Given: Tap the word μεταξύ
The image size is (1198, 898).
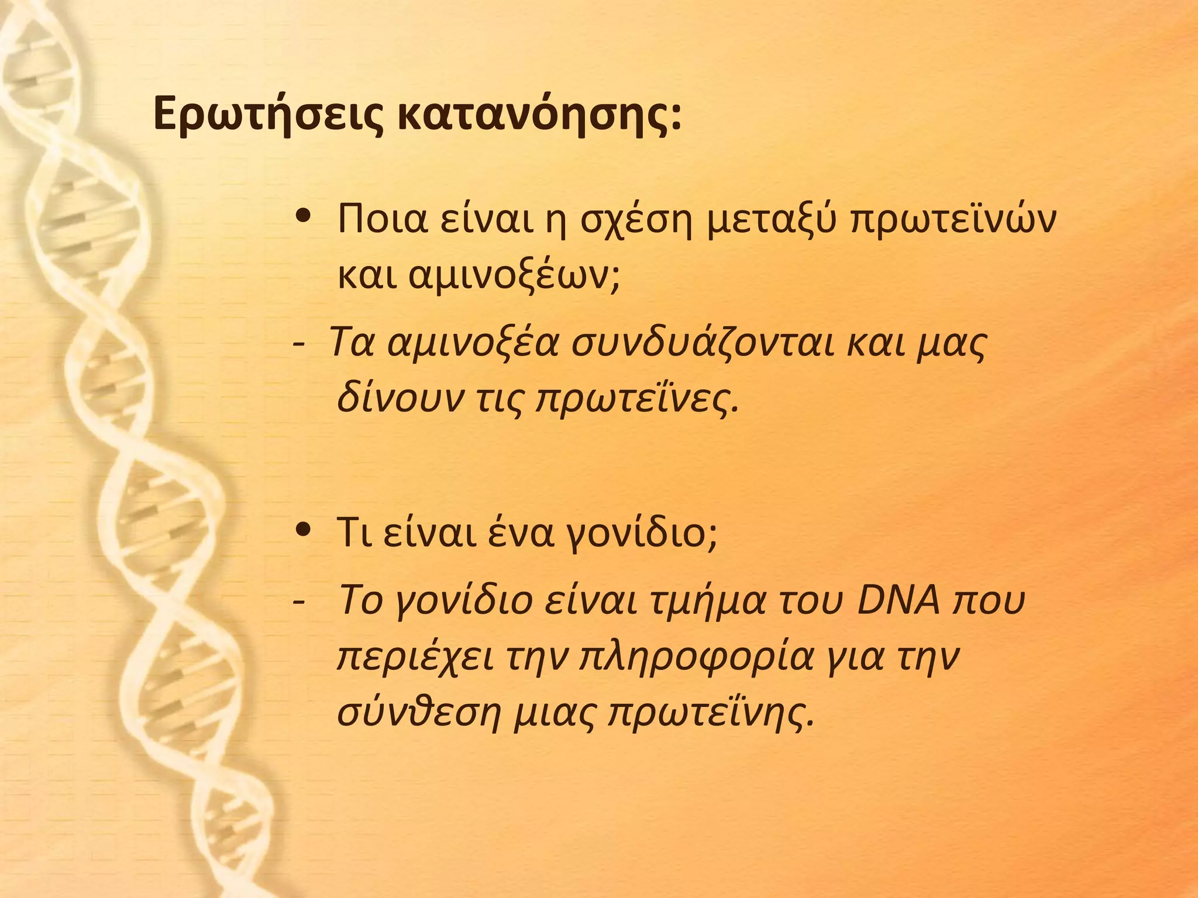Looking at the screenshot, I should click(772, 220).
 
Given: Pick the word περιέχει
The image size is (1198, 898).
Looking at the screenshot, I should click(415, 657).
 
